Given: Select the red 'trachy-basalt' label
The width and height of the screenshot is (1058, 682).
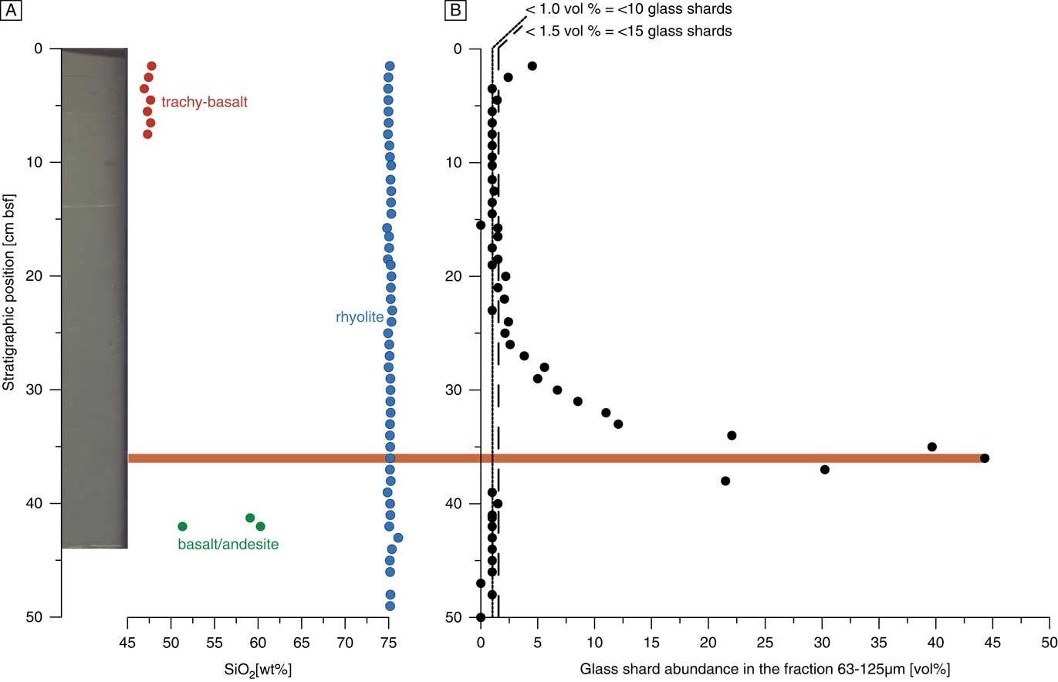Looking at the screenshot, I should pyautogui.click(x=205, y=102).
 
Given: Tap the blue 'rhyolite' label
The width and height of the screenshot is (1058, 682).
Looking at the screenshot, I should pyautogui.click(x=359, y=316).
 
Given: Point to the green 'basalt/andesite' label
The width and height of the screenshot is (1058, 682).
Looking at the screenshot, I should pyautogui.click(x=228, y=545).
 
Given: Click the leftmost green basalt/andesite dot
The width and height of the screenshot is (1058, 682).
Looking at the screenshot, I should pyautogui.click(x=183, y=526).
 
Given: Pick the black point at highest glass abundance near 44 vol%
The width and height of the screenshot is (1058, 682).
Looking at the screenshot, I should pyautogui.click(x=984, y=458).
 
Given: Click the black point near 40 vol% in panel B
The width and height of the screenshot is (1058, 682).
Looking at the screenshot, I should pyautogui.click(x=931, y=447).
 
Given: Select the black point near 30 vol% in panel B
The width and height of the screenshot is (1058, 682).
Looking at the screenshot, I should pyautogui.click(x=824, y=469).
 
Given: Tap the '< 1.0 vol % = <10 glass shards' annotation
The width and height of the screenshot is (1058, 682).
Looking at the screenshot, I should pyautogui.click(x=628, y=10).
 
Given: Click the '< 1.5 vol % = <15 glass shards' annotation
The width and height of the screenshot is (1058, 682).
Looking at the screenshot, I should pyautogui.click(x=628, y=32).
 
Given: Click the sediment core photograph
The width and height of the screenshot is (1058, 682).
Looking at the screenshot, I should pyautogui.click(x=94, y=297).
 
